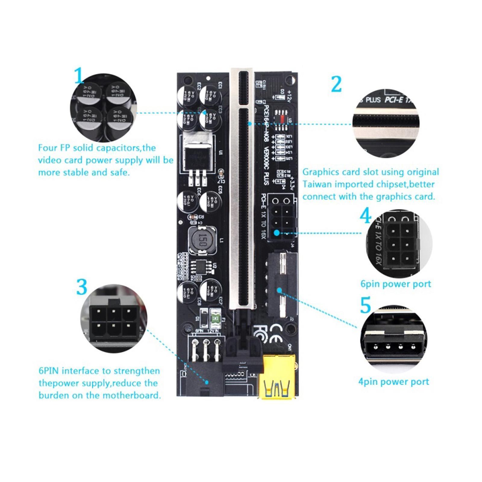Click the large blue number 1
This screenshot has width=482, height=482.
pos(79,76)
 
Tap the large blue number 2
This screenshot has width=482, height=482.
pos(336,84)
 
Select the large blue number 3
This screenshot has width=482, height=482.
pos(82,287)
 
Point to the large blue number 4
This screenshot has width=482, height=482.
pos(366,216)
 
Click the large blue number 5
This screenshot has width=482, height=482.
pos(365,305)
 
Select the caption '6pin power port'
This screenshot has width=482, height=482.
pos(396,284)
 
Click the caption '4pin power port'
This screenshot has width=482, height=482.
pos(393,382)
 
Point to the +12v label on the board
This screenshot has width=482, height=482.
pos(289,96)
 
